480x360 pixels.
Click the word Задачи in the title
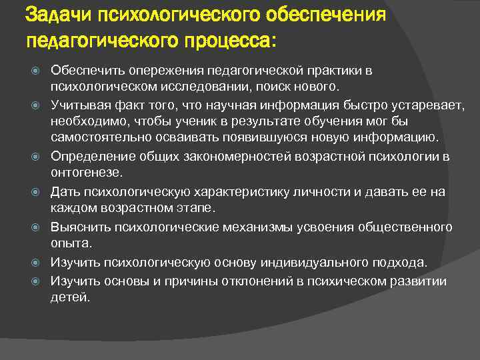58,15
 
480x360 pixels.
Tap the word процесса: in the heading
228,41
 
